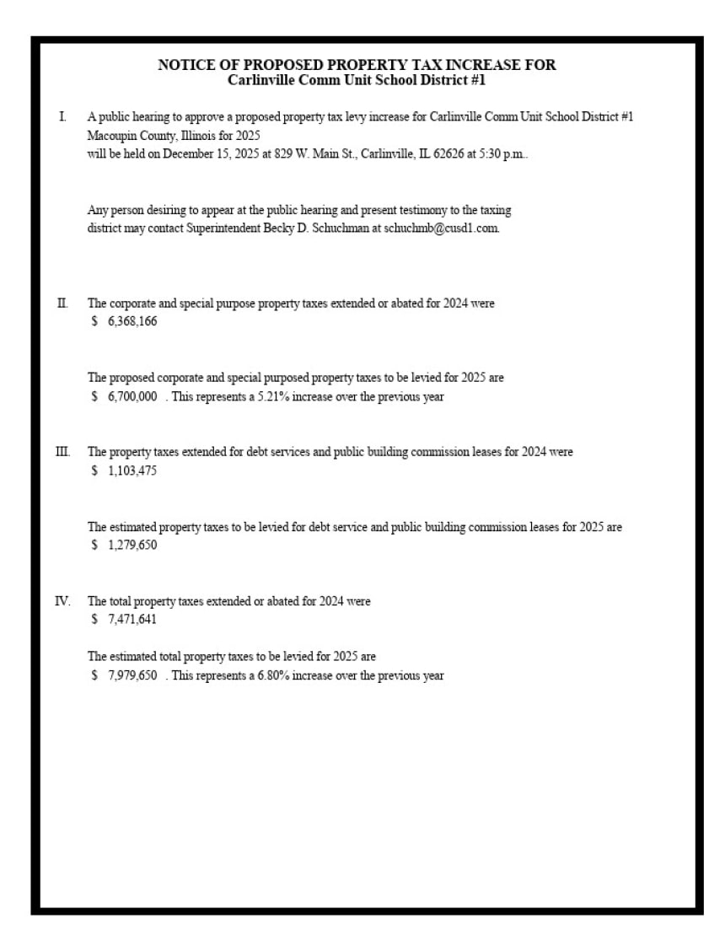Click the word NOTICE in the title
click(184, 65)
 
